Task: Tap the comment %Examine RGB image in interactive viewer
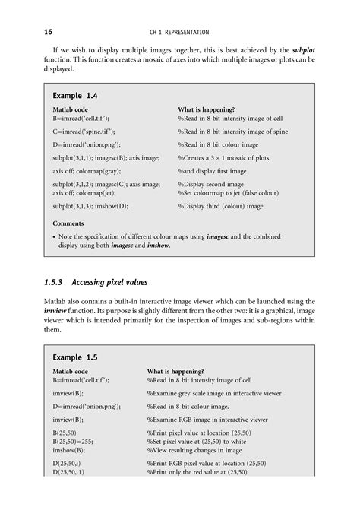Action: point(214,419)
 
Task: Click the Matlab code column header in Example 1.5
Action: point(75,371)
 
